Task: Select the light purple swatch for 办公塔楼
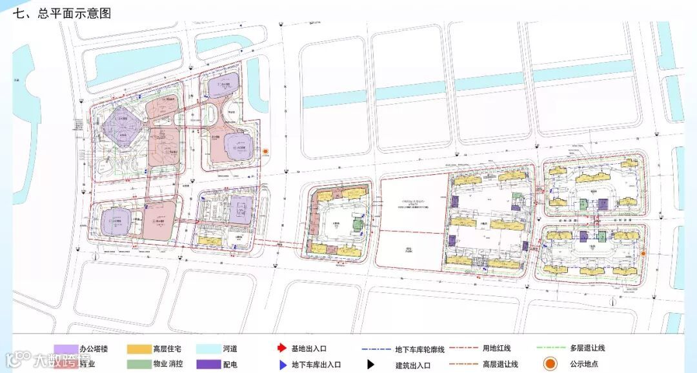[x=66, y=349]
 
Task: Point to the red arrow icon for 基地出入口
[x=281, y=349]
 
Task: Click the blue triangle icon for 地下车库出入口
[x=282, y=365]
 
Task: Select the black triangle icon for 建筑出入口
[x=371, y=365]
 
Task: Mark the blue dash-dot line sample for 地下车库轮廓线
[x=374, y=349]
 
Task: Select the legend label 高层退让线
[x=500, y=365]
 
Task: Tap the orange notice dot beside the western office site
[x=265, y=152]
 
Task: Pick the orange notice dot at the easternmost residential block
[x=643, y=254]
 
